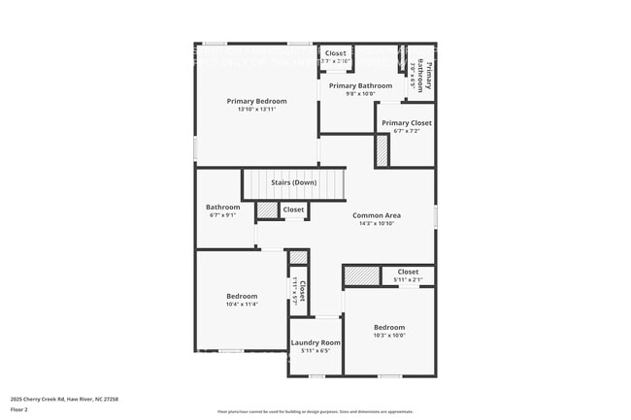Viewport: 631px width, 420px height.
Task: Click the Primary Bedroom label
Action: tap(257, 101)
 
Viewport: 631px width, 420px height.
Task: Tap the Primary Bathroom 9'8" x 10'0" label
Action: tap(360, 86)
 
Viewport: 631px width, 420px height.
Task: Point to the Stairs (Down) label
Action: tap(293, 182)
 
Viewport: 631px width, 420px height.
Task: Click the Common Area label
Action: tap(377, 215)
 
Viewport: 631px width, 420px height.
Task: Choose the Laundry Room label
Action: tap(315, 342)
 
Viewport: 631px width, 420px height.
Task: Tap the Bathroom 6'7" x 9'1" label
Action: tap(222, 207)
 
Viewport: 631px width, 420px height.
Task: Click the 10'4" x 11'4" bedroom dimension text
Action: tap(242, 305)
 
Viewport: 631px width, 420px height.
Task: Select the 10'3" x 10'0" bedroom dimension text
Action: tap(389, 336)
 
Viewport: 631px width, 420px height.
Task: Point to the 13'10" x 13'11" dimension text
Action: tap(257, 110)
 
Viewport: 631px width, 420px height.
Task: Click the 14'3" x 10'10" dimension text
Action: tap(377, 224)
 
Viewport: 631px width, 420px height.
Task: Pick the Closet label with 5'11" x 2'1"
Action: tap(408, 272)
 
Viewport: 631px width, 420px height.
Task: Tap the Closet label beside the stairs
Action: tap(293, 210)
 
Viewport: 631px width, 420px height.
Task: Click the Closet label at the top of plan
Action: tap(336, 53)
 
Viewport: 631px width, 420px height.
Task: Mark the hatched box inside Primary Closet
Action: tap(382, 150)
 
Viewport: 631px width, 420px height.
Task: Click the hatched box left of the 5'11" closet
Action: tap(361, 276)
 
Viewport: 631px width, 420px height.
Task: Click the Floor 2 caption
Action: tap(19, 410)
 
